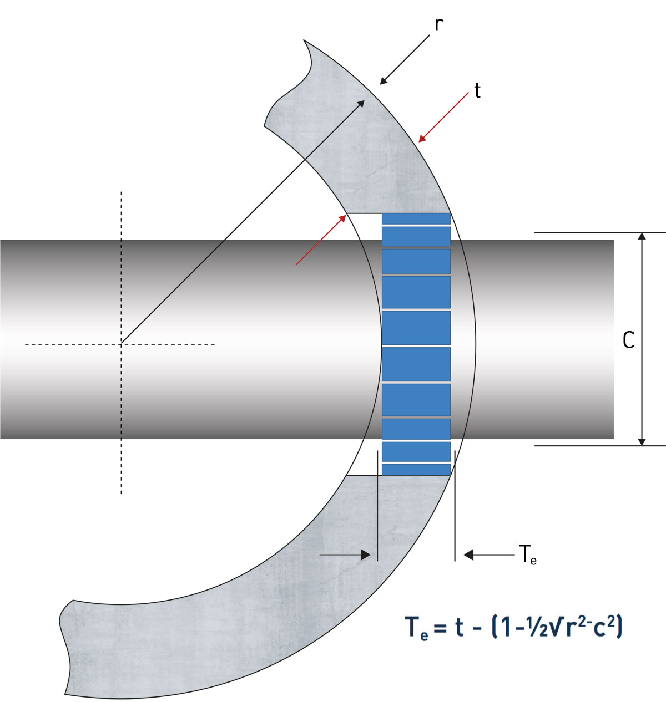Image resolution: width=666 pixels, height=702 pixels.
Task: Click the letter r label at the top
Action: (438, 26)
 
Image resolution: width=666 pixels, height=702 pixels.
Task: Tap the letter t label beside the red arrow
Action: (477, 90)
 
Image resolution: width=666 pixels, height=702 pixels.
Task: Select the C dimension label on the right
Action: (628, 340)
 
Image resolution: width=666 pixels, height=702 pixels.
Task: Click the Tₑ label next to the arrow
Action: (527, 554)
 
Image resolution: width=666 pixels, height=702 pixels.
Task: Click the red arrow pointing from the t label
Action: (443, 117)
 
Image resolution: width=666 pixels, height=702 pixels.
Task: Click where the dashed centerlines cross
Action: (121, 344)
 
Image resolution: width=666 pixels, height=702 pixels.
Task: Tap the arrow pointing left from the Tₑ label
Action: (488, 554)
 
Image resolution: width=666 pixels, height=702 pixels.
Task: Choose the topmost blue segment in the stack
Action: (416, 219)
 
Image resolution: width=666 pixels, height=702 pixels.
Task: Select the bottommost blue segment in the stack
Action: (416, 470)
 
